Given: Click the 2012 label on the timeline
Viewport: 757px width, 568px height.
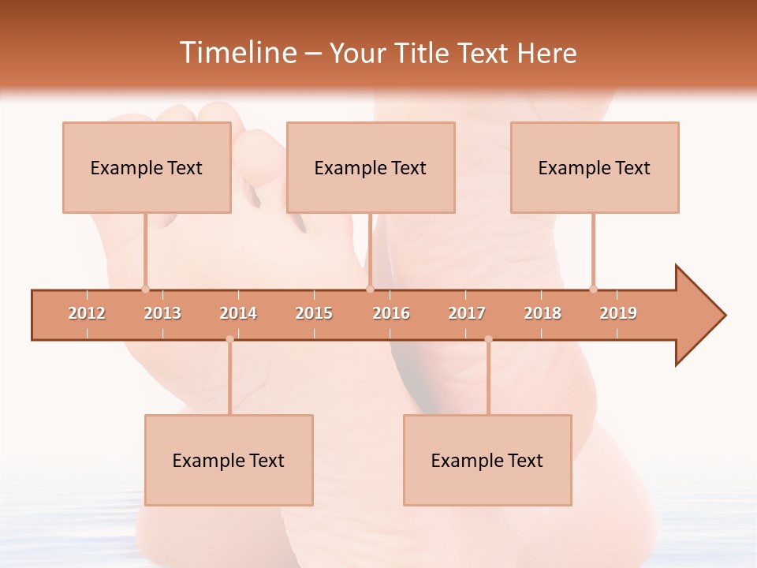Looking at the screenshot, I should click(87, 313).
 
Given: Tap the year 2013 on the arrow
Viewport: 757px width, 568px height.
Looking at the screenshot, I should click(162, 313).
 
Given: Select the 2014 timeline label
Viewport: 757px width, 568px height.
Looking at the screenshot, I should click(238, 313).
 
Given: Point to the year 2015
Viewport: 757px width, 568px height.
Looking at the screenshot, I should click(314, 313).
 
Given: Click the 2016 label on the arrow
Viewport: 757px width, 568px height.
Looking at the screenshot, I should click(391, 313).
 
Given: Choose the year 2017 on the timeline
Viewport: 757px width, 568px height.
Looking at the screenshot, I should click(467, 313).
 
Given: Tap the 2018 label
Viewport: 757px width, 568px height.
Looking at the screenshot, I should click(543, 313).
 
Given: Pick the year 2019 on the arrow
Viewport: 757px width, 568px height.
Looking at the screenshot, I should click(618, 313).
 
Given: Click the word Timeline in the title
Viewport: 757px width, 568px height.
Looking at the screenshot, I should click(237, 53).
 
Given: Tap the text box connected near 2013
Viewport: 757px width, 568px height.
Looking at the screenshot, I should click(147, 167).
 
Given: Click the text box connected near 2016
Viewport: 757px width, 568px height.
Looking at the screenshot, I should click(371, 167).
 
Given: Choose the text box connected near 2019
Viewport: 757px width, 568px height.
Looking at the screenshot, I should click(595, 167).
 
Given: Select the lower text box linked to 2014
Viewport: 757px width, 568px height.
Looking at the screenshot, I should click(229, 460).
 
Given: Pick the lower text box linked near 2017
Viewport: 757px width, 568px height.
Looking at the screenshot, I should click(487, 460).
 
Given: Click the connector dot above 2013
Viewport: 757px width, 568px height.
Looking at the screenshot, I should click(145, 289).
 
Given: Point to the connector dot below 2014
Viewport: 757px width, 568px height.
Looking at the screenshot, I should click(229, 339).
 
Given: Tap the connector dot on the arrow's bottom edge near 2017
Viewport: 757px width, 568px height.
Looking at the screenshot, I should click(488, 339).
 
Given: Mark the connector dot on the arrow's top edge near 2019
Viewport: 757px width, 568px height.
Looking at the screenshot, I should click(593, 289).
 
